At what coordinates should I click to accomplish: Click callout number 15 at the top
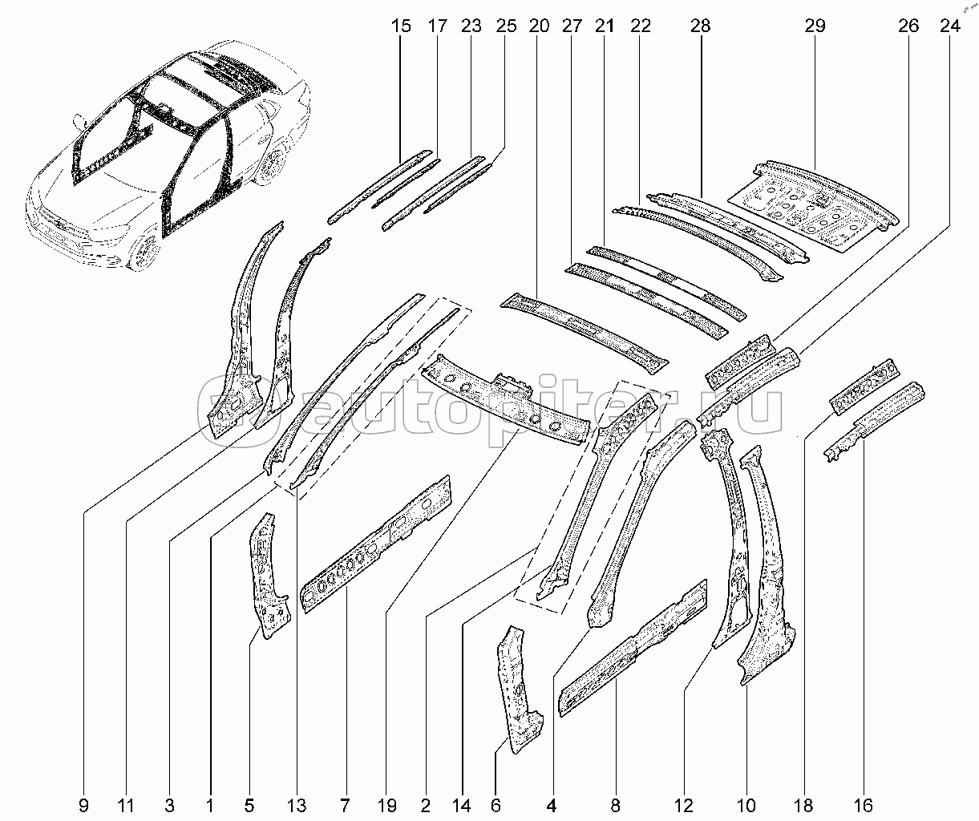click(x=400, y=26)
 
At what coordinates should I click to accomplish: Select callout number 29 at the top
click(x=815, y=26)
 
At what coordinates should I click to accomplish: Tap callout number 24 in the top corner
click(x=950, y=26)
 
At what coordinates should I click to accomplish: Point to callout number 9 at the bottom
click(x=83, y=806)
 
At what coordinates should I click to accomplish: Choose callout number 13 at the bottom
click(x=297, y=806)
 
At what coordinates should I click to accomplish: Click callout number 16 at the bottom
click(x=864, y=806)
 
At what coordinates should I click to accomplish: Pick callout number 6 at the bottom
click(x=496, y=806)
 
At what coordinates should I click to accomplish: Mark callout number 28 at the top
click(x=700, y=26)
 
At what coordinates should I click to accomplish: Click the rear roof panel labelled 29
click(x=814, y=206)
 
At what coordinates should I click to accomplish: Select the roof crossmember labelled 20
click(x=584, y=333)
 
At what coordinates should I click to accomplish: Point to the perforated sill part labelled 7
click(x=375, y=544)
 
